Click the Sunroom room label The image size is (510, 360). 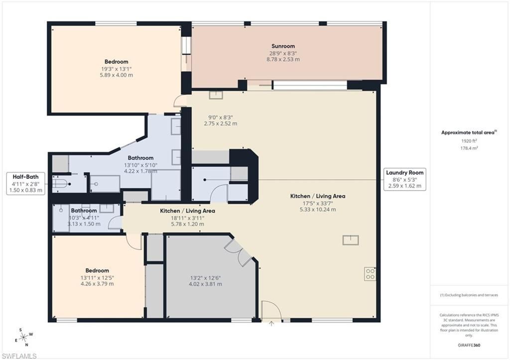pos(283,46)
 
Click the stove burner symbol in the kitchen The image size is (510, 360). pos(370,274)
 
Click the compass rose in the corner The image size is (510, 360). pos(23,337)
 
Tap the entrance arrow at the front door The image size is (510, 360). pos(271,324)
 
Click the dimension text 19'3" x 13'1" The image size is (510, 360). pos(116,69)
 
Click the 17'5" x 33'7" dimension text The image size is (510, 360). pos(317,203)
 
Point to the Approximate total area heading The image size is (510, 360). pos(468,132)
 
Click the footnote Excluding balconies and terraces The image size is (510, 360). pos(469,295)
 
